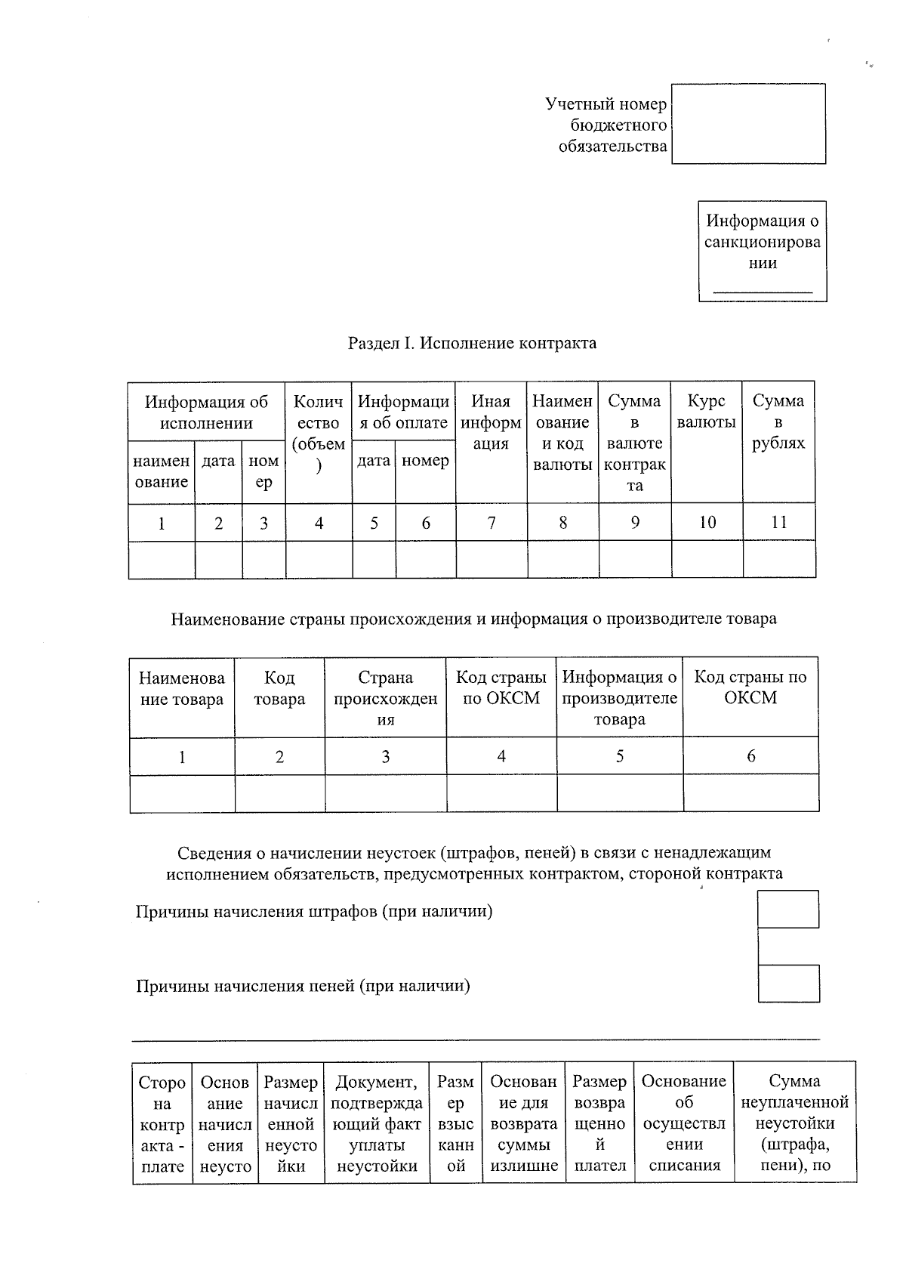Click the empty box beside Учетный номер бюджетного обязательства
(x=748, y=124)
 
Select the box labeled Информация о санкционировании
(x=763, y=251)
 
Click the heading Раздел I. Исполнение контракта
(x=472, y=344)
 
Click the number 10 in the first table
(x=707, y=522)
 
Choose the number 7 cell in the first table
(x=492, y=522)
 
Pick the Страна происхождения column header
(x=386, y=697)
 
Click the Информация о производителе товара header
(x=620, y=697)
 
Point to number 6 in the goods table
(x=750, y=755)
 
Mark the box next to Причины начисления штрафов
(x=788, y=910)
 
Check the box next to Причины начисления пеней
(x=788, y=984)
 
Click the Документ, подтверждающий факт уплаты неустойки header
(x=377, y=1123)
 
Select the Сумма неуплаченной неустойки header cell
(x=794, y=1123)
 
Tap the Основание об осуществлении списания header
(x=684, y=1123)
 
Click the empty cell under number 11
(x=778, y=560)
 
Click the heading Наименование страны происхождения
(x=473, y=619)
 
